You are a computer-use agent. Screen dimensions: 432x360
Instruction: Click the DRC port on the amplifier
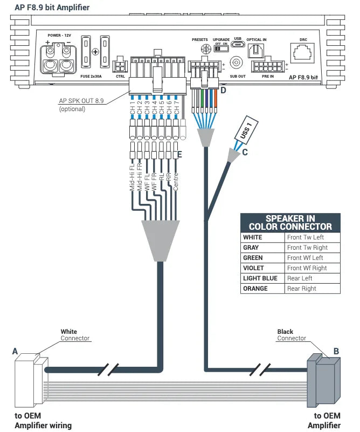point(303,52)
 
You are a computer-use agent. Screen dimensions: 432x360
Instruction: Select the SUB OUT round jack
point(236,63)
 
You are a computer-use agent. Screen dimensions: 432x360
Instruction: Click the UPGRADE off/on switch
point(221,49)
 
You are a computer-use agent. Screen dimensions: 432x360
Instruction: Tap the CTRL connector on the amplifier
point(120,65)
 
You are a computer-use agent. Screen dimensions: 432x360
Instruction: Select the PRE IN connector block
point(267,66)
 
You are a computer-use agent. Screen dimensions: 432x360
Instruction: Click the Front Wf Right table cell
point(311,268)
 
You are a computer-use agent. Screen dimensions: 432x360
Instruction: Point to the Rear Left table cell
point(311,278)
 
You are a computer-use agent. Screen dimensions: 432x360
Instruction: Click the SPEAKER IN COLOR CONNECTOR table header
point(290,223)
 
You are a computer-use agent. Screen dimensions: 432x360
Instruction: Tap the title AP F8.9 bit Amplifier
point(52,8)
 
